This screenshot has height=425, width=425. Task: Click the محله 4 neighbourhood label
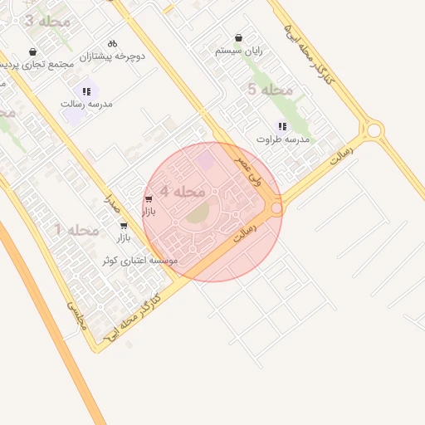(183, 192)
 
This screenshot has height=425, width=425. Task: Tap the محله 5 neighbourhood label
(271, 89)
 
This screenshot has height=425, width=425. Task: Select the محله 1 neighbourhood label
(76, 229)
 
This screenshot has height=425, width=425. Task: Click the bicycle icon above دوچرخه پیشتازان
(113, 43)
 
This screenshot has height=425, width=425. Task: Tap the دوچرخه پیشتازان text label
(113, 56)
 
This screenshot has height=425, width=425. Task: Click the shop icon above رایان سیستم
(239, 37)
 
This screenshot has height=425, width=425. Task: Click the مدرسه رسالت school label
(86, 105)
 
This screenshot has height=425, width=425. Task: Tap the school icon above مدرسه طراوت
(282, 126)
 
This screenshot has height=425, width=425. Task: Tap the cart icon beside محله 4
(149, 199)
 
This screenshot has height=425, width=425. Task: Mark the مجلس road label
(76, 316)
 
